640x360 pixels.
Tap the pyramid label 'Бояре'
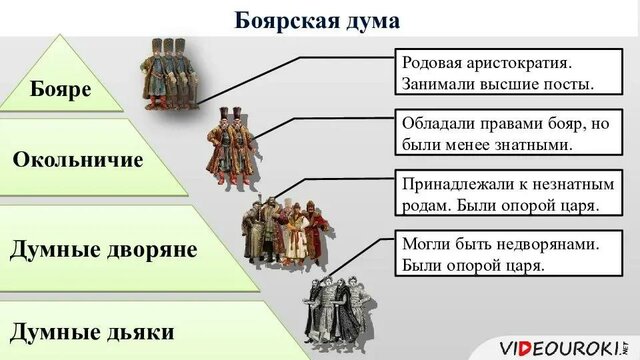[x=61, y=89]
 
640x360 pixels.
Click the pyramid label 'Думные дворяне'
[x=103, y=249]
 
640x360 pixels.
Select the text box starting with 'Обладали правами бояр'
[x=500, y=133]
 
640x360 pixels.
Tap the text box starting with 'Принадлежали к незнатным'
[x=500, y=195]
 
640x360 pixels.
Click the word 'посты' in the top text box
[x=567, y=83]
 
